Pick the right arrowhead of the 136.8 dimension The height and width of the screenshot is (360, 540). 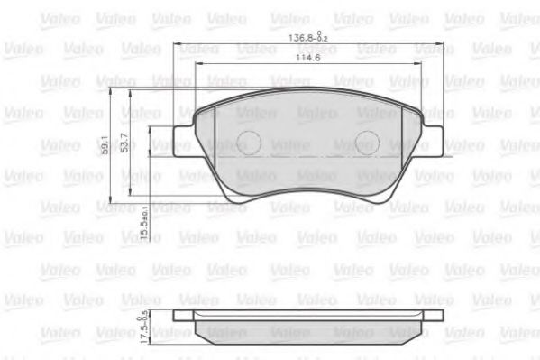441,44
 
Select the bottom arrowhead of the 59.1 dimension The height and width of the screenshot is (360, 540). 110,203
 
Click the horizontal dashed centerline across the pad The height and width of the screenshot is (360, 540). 307,156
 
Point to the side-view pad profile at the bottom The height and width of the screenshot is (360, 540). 307,326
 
